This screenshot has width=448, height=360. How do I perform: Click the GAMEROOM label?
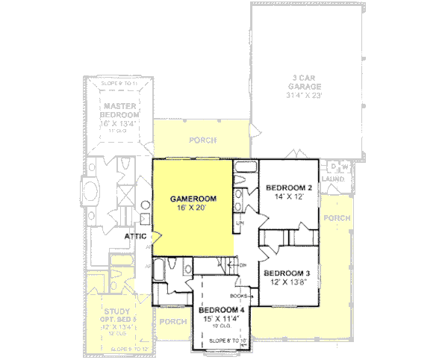click(x=193, y=199)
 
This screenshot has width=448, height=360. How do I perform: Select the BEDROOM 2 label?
click(x=288, y=187)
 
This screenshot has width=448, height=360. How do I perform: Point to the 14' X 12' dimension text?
click(x=288, y=197)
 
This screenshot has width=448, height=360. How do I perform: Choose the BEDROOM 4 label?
click(x=222, y=310)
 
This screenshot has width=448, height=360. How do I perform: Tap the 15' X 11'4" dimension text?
click(x=222, y=319)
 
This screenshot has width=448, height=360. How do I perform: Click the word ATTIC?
click(x=135, y=236)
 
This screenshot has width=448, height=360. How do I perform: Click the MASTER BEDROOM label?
click(x=119, y=111)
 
